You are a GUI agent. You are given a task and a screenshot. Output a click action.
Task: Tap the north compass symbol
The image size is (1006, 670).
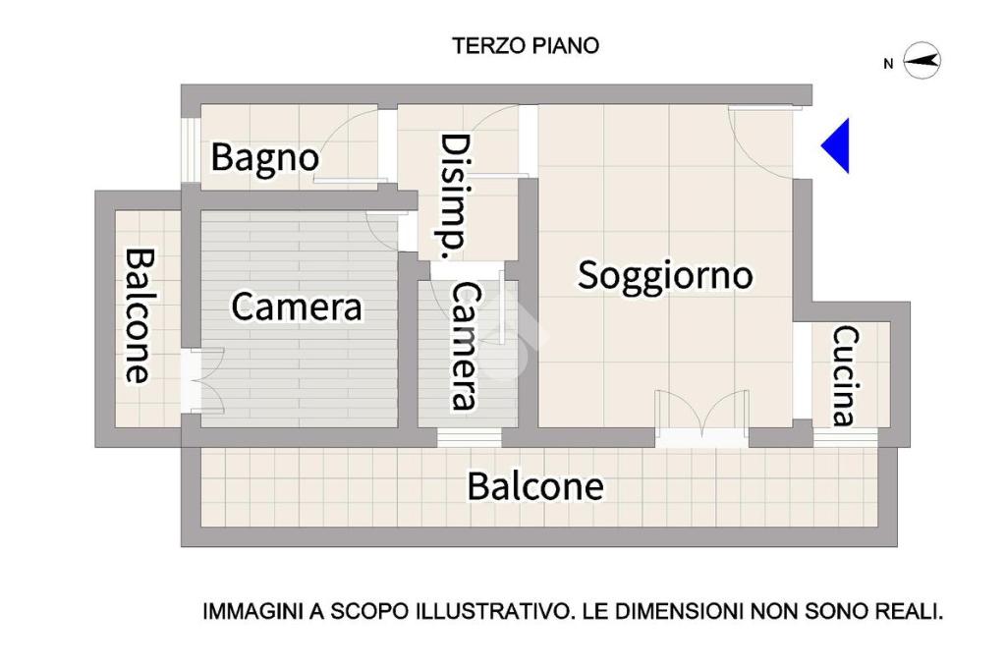pos(922,61)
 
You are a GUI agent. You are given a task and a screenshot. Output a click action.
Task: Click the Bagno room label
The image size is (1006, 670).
pos(265,158)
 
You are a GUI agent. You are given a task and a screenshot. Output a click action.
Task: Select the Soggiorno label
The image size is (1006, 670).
pos(665,275)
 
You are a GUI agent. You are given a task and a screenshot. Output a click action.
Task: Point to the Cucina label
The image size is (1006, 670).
pos(846,376)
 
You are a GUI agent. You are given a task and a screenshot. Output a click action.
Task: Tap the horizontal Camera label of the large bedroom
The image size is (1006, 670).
pos(297,307)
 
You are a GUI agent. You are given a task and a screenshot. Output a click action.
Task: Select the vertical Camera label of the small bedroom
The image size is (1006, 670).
pos(465,346)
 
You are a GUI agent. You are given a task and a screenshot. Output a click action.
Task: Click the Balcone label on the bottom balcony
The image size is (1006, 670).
pos(535,486)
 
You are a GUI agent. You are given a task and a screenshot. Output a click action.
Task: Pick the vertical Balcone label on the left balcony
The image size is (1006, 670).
pos(139,315)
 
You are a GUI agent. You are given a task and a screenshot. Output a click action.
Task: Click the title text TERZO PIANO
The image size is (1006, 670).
pos(526,46)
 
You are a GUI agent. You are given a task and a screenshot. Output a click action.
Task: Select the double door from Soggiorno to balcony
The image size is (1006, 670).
pos(701,419)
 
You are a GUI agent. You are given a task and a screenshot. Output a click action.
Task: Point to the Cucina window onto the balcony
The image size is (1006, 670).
pos(846,438)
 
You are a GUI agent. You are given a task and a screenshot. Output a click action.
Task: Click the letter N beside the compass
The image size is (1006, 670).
pos(888,64)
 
